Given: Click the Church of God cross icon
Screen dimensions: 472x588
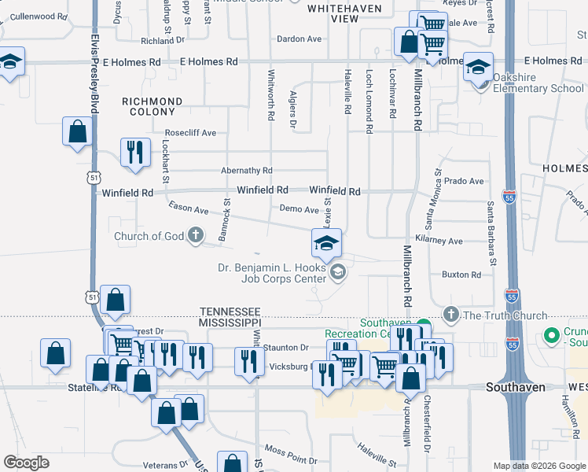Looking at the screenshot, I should click(196, 236).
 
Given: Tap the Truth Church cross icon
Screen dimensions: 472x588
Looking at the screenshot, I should click(450, 315).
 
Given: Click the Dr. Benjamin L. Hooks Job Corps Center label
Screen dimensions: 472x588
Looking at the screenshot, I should click(272, 273).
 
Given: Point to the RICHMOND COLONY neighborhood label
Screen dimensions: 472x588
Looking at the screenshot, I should click(153, 107).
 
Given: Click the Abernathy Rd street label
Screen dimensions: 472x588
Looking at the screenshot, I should click(246, 170).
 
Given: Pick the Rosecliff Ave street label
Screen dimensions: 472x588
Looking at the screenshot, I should click(189, 133).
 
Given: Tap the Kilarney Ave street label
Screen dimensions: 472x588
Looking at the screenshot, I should click(439, 241).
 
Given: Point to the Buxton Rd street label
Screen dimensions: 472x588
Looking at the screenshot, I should click(461, 275).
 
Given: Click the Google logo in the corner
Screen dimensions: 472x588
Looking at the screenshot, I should click(26, 463).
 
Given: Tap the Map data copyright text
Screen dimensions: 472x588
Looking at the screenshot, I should click(538, 466).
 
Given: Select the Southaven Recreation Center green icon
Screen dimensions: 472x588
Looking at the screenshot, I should click(423, 325).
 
